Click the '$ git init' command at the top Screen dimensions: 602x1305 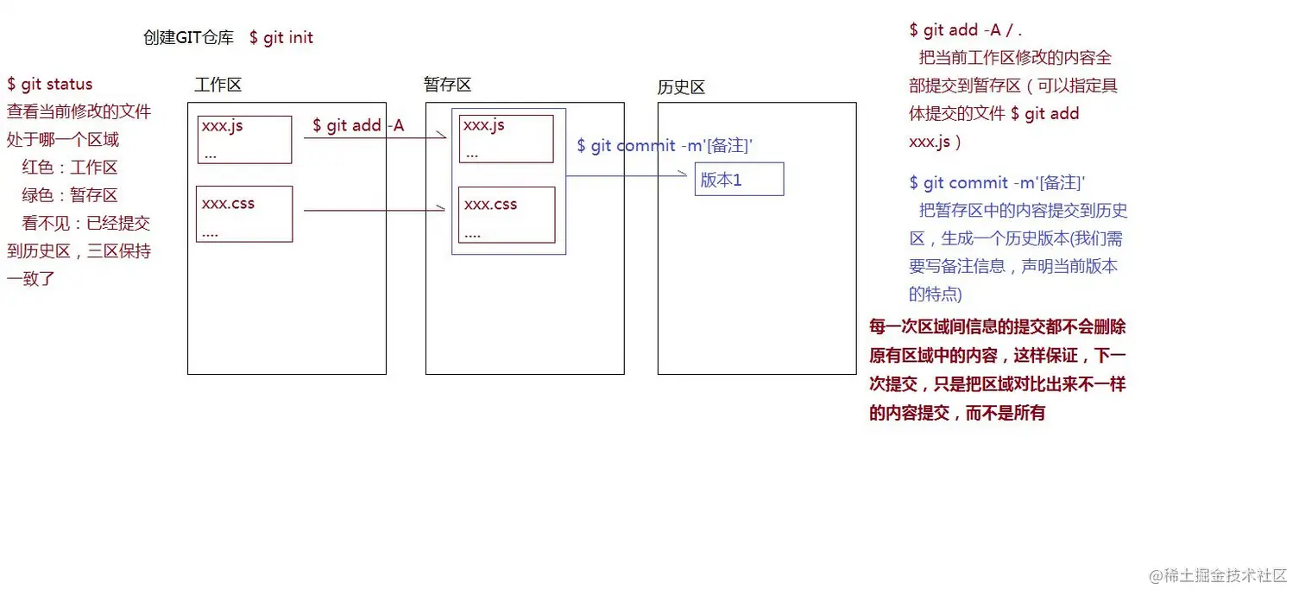click(281, 38)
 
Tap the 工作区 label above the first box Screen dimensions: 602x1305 click(217, 85)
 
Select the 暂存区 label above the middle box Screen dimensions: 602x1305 click(447, 85)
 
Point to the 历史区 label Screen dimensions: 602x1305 click(681, 87)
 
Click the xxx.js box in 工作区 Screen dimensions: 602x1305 click(244, 139)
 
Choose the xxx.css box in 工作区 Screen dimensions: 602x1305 click(244, 214)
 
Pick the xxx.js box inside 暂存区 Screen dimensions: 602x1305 click(506, 138)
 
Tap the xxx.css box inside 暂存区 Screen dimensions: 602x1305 click(506, 215)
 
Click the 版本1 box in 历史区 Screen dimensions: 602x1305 click(739, 180)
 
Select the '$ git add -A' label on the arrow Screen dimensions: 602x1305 click(358, 125)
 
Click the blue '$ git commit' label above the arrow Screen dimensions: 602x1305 click(665, 146)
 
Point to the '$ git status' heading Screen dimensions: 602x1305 click(50, 85)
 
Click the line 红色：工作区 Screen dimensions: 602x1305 click(70, 168)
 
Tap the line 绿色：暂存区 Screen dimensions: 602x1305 click(70, 195)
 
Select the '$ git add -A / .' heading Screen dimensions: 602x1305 click(965, 30)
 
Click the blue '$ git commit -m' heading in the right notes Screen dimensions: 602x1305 click(997, 183)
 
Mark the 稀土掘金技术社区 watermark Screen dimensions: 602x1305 click(1217, 575)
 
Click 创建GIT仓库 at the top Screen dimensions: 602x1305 click(188, 38)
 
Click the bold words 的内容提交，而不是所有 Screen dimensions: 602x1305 click(957, 413)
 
